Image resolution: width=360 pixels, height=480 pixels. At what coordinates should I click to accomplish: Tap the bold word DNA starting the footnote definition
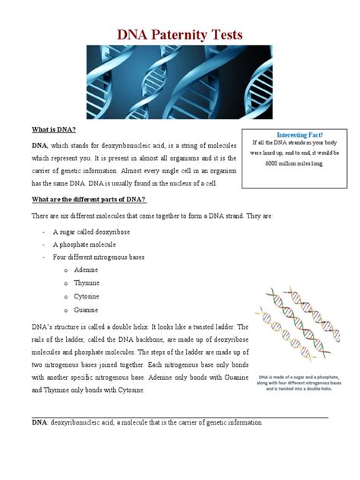pyautogui.click(x=39, y=423)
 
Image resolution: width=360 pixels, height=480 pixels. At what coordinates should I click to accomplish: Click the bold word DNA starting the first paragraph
pyautogui.click(x=39, y=144)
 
